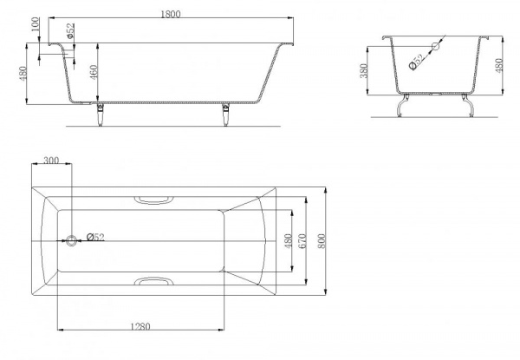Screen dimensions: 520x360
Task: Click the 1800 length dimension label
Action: (x=171, y=14)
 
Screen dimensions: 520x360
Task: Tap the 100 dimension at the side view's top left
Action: (x=36, y=24)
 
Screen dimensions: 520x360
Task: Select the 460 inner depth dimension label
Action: (x=94, y=72)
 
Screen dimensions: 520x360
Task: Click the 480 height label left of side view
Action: (x=23, y=74)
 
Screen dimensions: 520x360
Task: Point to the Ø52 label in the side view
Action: (x=70, y=31)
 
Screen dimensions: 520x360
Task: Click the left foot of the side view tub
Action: (x=100, y=115)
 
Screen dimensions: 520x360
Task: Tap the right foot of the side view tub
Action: (x=226, y=115)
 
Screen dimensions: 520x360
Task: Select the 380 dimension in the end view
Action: (x=364, y=70)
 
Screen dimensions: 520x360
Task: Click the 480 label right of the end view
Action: (x=499, y=65)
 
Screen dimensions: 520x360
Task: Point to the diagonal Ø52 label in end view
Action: (x=417, y=62)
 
